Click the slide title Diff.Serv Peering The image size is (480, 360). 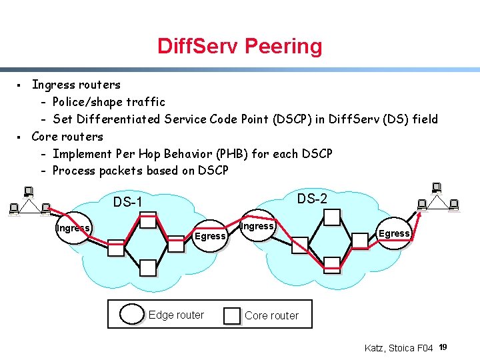[240, 46]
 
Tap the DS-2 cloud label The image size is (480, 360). [312, 199]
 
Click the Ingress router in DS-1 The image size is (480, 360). [73, 228]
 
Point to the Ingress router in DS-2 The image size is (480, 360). [257, 227]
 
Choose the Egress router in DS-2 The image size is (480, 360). [394, 233]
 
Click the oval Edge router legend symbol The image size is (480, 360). [131, 315]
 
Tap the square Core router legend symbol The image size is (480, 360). [232, 315]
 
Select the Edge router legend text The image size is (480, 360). [176, 315]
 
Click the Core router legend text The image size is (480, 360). [271, 315]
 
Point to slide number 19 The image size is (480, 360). [443, 347]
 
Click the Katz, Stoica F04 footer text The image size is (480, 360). [399, 348]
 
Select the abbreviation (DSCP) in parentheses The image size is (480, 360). [291, 119]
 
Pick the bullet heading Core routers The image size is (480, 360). [67, 137]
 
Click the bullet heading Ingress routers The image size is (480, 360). [76, 85]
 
